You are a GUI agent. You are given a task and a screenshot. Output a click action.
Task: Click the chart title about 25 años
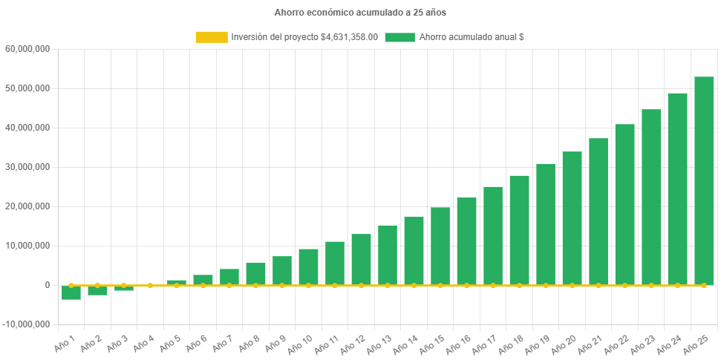[x=360, y=13]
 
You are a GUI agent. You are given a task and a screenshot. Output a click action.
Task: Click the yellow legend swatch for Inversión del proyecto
[x=211, y=37]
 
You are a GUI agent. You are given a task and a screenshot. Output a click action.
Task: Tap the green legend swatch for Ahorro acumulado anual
[x=399, y=37]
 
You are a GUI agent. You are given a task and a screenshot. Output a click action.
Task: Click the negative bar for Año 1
[x=71, y=292]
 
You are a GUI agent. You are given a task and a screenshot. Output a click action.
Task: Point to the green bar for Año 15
[x=440, y=246]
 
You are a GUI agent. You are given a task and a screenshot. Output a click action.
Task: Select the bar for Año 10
[x=308, y=266]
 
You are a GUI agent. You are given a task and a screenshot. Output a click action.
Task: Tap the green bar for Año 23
[x=651, y=197]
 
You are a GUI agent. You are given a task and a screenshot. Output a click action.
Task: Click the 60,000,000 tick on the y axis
[x=27, y=49]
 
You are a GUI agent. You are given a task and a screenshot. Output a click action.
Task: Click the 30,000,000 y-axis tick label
[x=27, y=167]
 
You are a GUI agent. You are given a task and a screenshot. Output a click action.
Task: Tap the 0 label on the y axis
[x=47, y=285]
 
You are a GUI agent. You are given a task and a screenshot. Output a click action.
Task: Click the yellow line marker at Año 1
[x=71, y=285]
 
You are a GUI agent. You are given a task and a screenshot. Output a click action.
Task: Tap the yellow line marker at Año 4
[x=150, y=285]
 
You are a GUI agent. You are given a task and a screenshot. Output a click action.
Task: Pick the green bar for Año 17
[x=493, y=235]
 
